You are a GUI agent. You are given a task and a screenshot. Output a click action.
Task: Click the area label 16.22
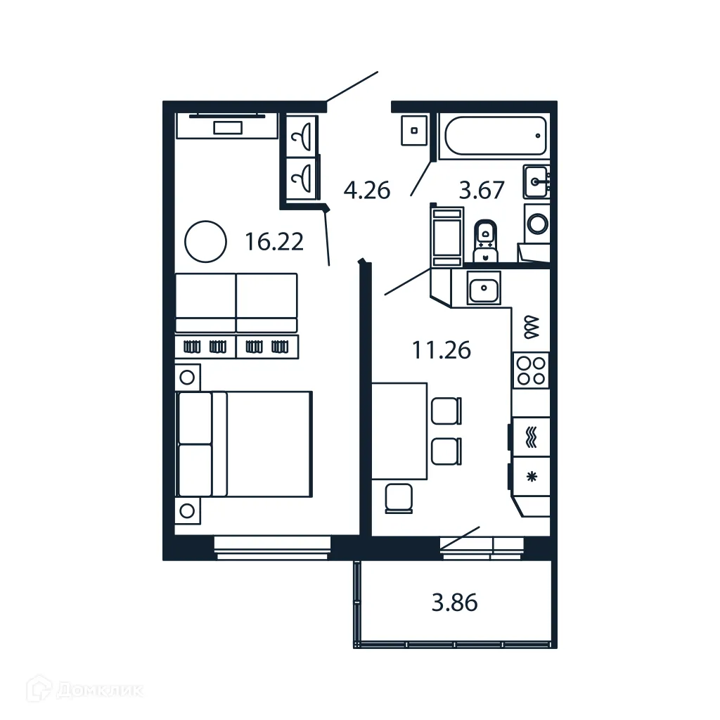click(274, 242)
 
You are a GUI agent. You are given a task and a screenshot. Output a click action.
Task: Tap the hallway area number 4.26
click(366, 190)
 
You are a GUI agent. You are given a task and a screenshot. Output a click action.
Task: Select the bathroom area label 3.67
click(482, 190)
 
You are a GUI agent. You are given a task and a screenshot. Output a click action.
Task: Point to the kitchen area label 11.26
click(441, 349)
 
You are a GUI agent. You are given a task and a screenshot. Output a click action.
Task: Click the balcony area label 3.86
click(454, 603)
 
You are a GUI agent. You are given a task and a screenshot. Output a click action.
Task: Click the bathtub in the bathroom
click(493, 136)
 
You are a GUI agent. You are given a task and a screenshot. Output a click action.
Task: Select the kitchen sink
click(484, 288)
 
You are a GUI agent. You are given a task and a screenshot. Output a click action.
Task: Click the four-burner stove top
click(531, 371)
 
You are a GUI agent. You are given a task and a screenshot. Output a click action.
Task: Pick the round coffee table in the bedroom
click(205, 241)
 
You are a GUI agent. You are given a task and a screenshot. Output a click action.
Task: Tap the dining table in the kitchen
click(399, 430)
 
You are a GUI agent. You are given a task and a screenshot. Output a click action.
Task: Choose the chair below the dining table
click(399, 498)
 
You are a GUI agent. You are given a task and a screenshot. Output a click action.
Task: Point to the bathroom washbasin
click(536, 182)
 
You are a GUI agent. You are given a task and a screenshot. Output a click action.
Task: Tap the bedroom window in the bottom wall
click(272, 547)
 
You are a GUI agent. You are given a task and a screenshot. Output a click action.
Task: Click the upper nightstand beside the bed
click(187, 377)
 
